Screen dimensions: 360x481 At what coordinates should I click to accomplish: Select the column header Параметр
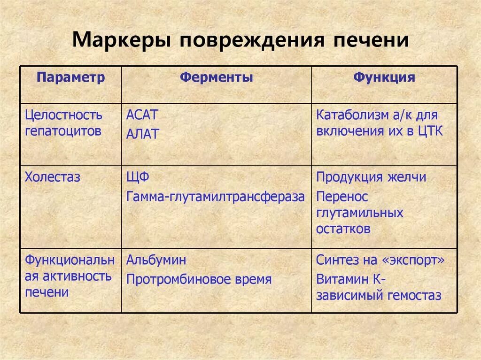(71, 78)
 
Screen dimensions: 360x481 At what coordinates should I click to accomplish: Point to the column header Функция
(384, 78)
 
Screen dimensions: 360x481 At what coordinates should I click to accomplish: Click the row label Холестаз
(53, 177)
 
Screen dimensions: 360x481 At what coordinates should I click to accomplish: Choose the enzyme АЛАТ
(143, 134)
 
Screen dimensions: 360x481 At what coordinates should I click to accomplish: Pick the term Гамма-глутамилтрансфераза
(216, 197)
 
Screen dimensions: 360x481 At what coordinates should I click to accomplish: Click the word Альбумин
(156, 260)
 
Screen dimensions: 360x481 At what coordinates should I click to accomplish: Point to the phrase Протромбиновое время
(199, 280)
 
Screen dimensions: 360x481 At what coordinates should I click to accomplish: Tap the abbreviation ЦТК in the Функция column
(430, 131)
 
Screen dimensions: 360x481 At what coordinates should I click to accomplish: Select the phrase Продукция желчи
(372, 177)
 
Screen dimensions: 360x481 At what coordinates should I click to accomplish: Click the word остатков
(343, 229)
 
